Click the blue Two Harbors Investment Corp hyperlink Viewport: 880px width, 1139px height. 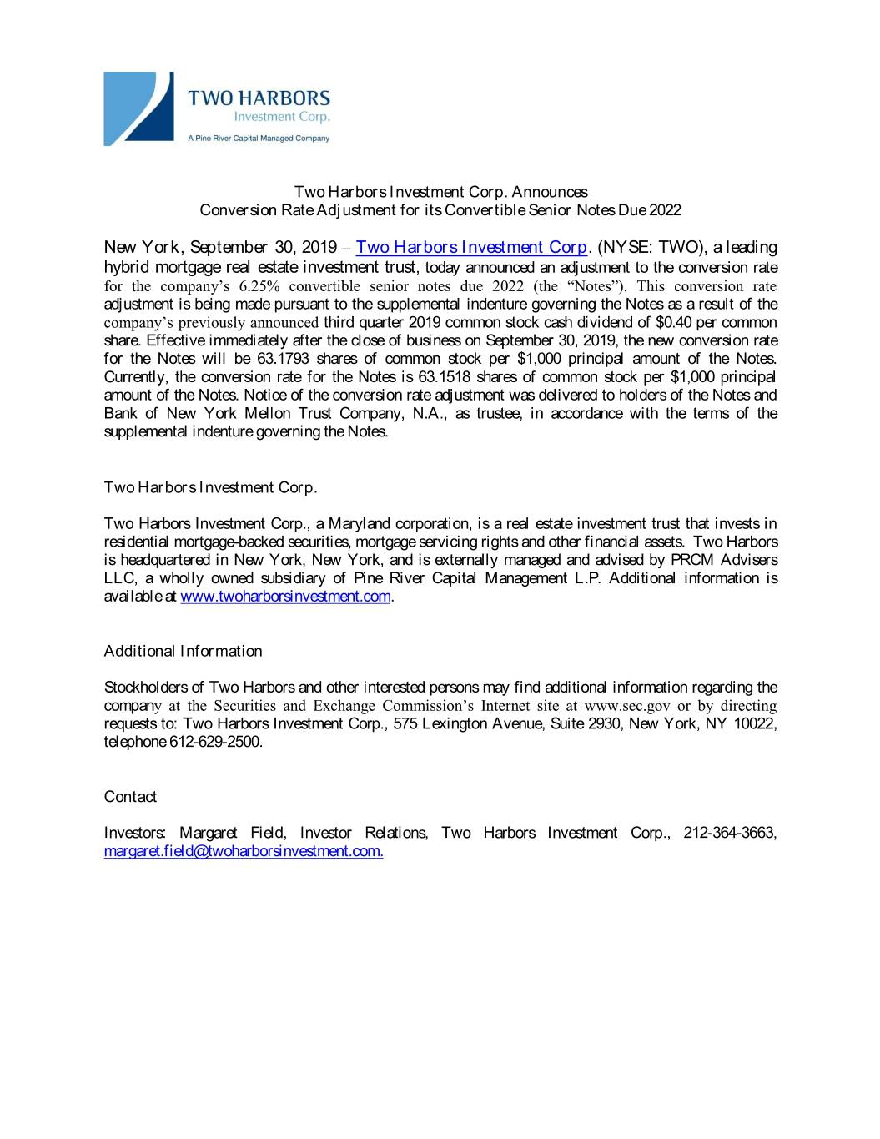tap(471, 247)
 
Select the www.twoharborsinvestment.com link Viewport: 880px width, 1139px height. tap(285, 597)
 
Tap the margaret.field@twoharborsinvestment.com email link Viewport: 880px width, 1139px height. tap(244, 851)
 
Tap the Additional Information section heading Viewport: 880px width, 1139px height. tap(183, 651)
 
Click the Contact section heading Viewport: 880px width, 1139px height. tap(130, 797)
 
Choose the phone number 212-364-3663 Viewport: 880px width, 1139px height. tap(730, 833)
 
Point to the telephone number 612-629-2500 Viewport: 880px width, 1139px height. tap(215, 742)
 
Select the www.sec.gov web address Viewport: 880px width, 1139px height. tap(628, 706)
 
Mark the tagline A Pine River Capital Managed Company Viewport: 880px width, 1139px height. tap(258, 139)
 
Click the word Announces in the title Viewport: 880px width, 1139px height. tap(550, 193)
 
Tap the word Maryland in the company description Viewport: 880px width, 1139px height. tap(360, 524)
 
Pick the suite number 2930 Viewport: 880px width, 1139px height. tap(604, 723)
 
